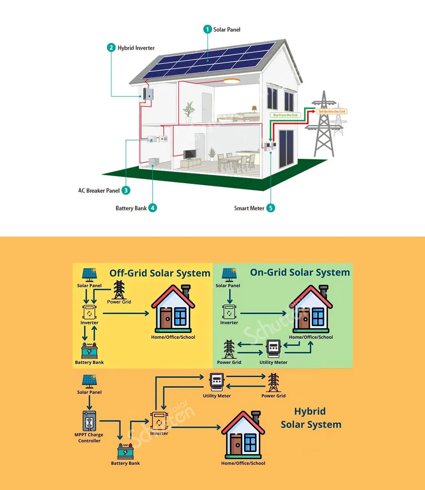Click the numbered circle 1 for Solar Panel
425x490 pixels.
click(207, 29)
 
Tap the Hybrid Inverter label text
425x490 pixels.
click(136, 48)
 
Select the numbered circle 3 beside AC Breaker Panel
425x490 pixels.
click(126, 190)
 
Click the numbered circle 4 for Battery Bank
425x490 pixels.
click(152, 208)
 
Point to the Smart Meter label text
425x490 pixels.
click(249, 208)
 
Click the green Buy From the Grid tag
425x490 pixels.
click(285, 115)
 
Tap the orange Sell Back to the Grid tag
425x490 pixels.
click(332, 111)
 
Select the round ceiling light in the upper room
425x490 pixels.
click(231, 81)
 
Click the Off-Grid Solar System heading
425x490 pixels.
click(160, 273)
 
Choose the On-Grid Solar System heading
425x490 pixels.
click(300, 273)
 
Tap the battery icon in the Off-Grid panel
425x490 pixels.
click(89, 351)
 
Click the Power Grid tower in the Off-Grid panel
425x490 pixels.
click(119, 289)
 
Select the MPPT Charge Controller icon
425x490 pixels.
click(89, 421)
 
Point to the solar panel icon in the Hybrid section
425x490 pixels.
click(89, 381)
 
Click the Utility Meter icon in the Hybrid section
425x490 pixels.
click(217, 382)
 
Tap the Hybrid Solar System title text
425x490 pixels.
click(311, 418)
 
